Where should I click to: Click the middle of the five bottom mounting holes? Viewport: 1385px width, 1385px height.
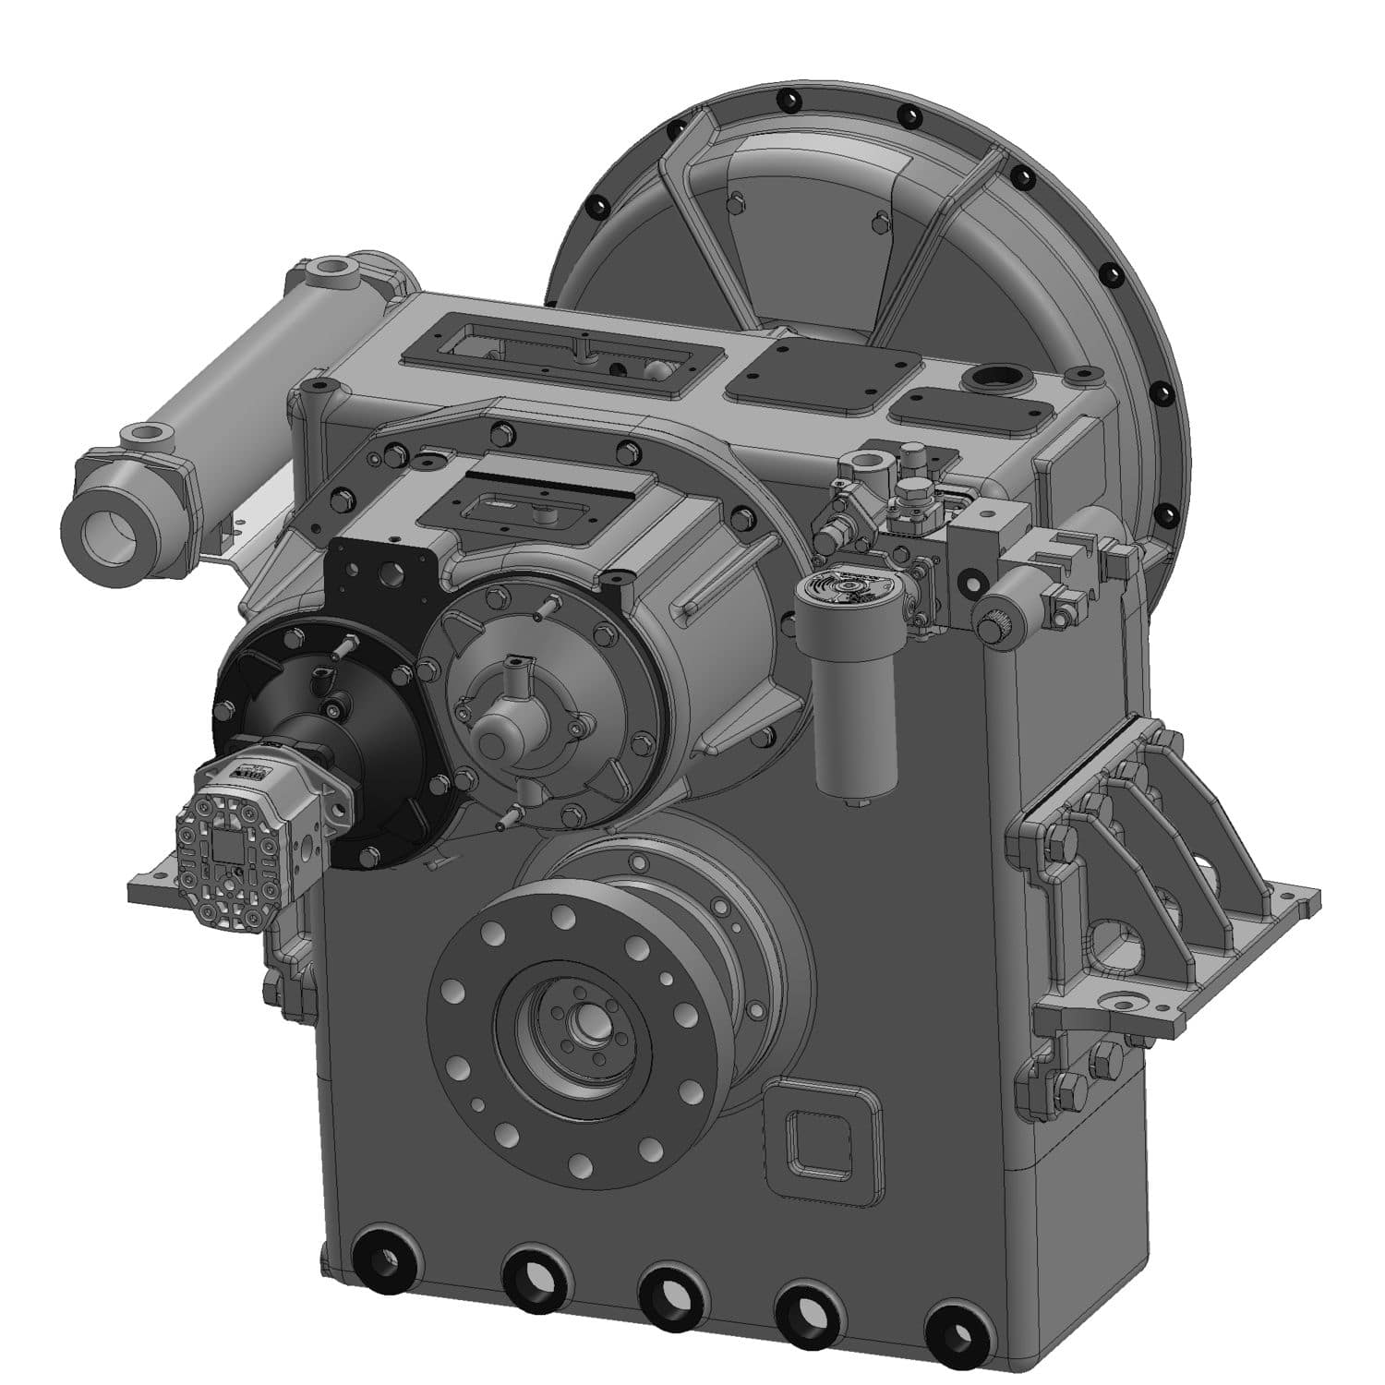coord(671,1294)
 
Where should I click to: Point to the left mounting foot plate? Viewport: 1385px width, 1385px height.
coord(157,886)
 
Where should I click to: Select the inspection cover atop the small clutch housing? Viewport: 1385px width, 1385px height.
coord(536,504)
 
